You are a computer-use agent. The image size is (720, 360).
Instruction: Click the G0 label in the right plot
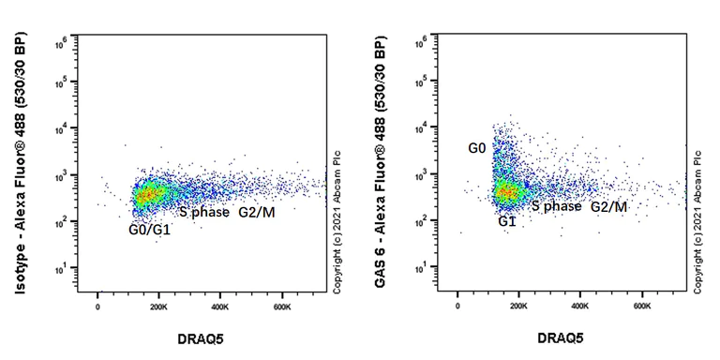[477, 148]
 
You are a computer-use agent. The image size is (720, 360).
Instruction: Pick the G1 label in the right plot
[508, 220]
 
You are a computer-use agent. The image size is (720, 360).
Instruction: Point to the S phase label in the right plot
[556, 206]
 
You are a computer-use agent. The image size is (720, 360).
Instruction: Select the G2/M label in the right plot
[608, 206]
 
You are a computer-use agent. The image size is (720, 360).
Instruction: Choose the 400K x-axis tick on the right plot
[580, 306]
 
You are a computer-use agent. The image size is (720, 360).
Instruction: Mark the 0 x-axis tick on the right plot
[457, 306]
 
